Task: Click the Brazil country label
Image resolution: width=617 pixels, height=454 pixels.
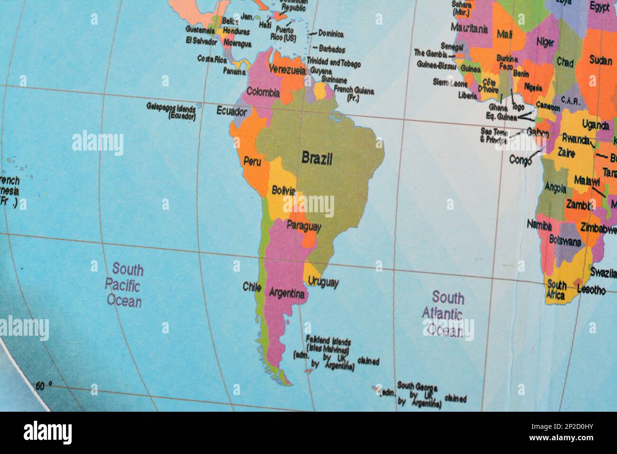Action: point(317,159)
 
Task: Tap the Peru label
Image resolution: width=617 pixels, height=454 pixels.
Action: point(252,161)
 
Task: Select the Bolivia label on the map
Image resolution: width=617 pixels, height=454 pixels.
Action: point(284,191)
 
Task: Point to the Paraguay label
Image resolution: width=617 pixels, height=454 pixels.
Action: point(304,227)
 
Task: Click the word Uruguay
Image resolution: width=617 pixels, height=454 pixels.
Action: point(323,283)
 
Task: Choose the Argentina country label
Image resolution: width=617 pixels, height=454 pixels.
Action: point(287,293)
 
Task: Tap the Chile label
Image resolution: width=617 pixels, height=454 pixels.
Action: point(252,287)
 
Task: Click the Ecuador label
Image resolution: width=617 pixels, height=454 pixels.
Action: point(232,112)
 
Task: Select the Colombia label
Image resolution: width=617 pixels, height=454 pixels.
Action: point(263,93)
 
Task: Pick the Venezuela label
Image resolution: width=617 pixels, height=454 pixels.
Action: point(287,70)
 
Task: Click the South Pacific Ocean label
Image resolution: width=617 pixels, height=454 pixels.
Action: point(124,285)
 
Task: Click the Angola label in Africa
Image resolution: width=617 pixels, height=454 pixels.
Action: point(555,188)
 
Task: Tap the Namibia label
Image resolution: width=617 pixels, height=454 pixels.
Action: point(539,225)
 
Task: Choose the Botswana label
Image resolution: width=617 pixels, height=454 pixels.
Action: point(565,241)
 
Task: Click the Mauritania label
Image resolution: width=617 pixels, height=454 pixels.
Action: point(469,28)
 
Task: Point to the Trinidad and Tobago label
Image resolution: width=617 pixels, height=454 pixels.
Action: point(334,63)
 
